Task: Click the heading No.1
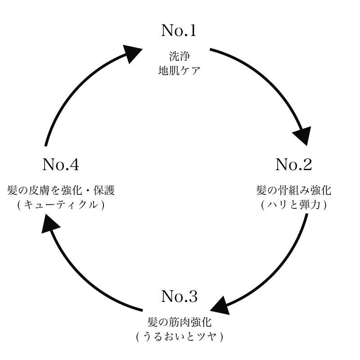click(x=179, y=31)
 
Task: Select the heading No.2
click(x=293, y=165)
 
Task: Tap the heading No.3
click(x=179, y=297)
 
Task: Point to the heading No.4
click(x=61, y=165)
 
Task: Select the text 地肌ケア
click(x=179, y=71)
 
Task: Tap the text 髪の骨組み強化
click(x=293, y=190)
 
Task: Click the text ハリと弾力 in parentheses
click(x=293, y=205)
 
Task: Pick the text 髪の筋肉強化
click(x=179, y=322)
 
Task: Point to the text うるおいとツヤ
click(x=180, y=337)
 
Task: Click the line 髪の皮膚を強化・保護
click(x=61, y=190)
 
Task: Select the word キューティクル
click(x=61, y=205)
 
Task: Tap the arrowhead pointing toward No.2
click(x=303, y=135)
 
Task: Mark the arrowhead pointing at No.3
click(x=220, y=306)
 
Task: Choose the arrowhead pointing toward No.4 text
click(x=51, y=223)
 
